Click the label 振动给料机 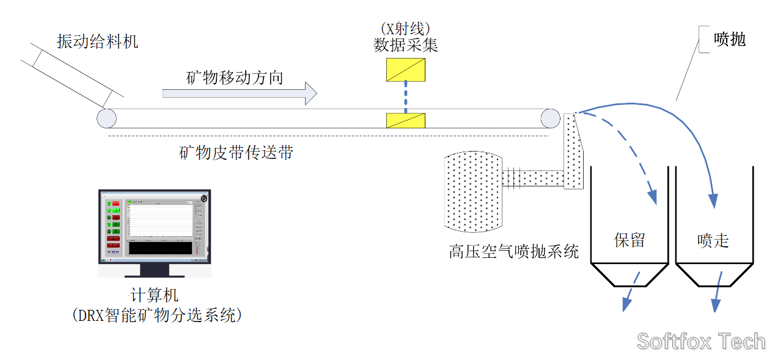97,42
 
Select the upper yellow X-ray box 406,70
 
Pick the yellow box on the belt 406,120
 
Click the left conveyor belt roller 106,118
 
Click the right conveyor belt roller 550,118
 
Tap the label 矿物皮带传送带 235,153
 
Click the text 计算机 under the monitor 155,296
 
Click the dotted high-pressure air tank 474,191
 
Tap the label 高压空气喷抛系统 513,251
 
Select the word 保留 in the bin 629,240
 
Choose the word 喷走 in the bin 713,240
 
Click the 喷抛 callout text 730,39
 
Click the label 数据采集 406,45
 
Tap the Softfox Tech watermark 700,340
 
